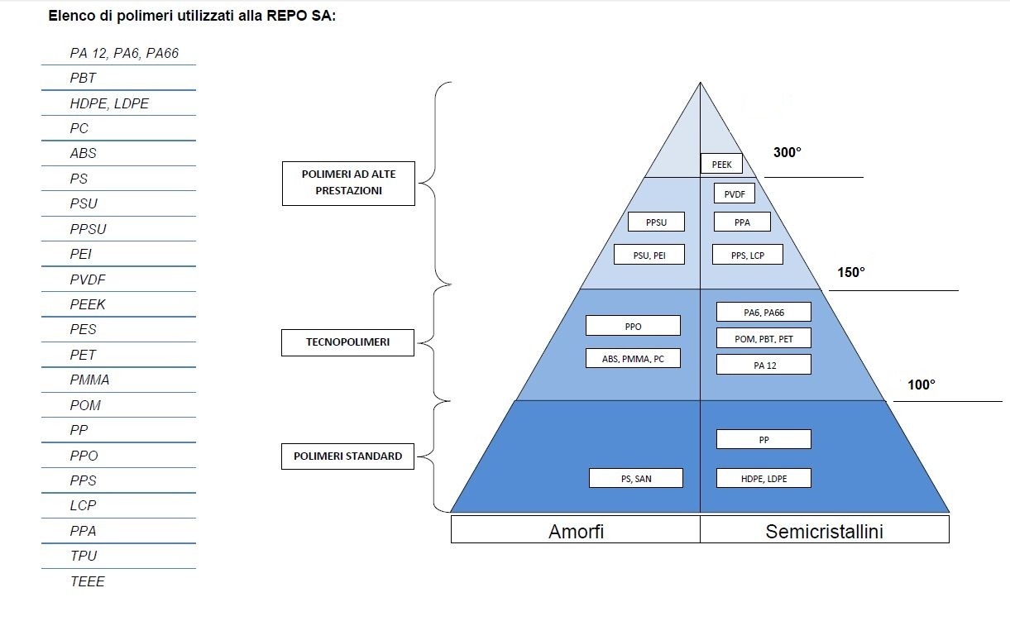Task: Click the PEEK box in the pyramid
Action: click(721, 164)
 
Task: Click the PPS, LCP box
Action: click(747, 255)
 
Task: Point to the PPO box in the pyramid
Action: click(633, 326)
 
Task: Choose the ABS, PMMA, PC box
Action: click(633, 358)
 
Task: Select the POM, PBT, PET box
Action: click(763, 338)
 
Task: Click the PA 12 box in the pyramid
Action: click(763, 365)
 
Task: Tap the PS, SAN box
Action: click(636, 478)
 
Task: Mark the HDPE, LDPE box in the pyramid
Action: click(763, 478)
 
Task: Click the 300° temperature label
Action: click(787, 153)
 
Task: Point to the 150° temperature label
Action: click(851, 272)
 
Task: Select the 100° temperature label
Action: click(921, 385)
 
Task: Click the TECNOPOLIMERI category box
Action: click(347, 342)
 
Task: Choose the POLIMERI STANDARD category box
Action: click(347, 456)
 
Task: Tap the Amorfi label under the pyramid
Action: click(576, 531)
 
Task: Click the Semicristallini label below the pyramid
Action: click(824, 531)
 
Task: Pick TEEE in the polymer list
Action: click(88, 581)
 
